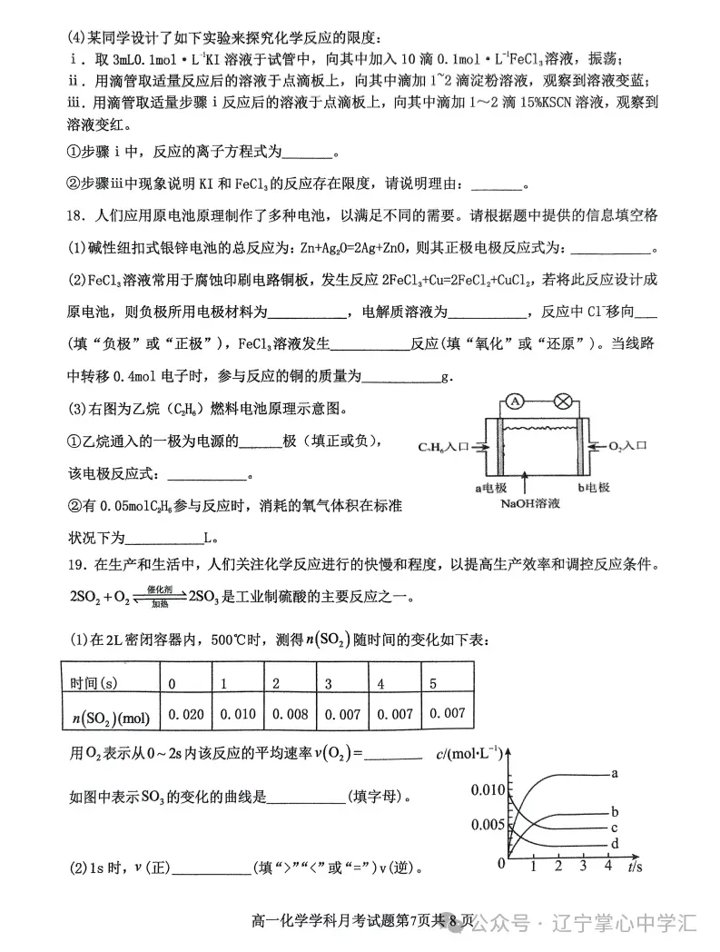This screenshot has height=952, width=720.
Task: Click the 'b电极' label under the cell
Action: (593, 487)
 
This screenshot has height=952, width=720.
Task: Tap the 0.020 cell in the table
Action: (185, 714)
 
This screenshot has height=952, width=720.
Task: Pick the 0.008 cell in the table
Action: (288, 714)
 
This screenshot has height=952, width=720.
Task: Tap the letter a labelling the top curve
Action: (615, 773)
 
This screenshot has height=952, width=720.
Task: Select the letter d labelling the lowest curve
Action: (615, 844)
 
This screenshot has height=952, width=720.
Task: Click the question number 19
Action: (75, 565)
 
